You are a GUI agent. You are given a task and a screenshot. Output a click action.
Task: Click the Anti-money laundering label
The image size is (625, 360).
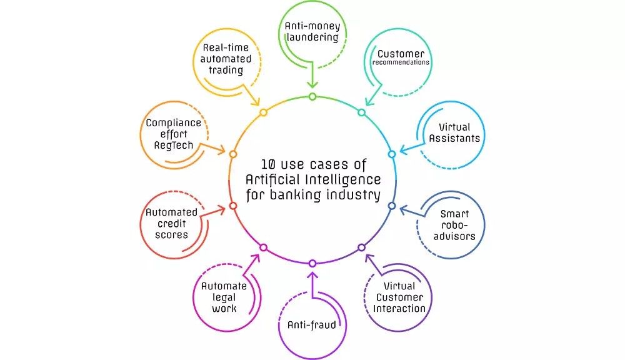pyautogui.click(x=312, y=32)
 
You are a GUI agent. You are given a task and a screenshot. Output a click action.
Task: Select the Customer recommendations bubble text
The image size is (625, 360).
pyautogui.click(x=401, y=57)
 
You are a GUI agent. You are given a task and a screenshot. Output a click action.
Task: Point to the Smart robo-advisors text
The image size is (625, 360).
pyautogui.click(x=454, y=225)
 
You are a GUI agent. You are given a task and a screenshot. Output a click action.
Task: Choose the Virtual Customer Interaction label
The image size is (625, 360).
pyautogui.click(x=399, y=297)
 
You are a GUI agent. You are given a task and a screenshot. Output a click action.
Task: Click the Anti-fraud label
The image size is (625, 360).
pyautogui.click(x=312, y=324)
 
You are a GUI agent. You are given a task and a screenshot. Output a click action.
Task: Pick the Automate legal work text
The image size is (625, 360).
pyautogui.click(x=224, y=297)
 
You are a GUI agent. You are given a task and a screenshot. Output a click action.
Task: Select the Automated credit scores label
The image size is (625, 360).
pyautogui.click(x=171, y=224)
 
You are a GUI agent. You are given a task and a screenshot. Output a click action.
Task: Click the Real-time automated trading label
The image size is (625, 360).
pyautogui.click(x=226, y=59)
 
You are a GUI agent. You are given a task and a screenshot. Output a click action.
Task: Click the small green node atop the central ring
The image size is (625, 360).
pyautogui.click(x=312, y=96)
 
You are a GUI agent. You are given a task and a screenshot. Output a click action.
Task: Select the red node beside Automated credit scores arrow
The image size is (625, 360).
pyautogui.click(x=233, y=206)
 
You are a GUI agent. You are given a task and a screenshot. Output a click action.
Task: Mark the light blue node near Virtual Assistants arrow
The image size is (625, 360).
pyautogui.click(x=392, y=154)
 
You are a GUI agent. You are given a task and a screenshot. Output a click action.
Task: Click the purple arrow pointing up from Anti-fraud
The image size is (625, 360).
pyautogui.click(x=312, y=281)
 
